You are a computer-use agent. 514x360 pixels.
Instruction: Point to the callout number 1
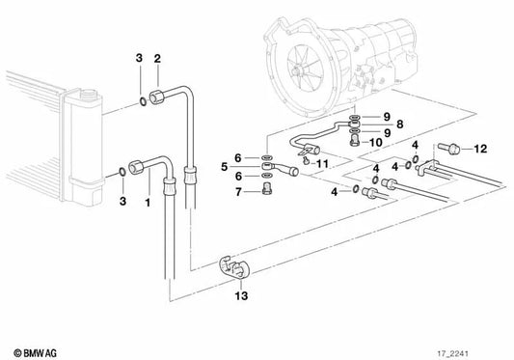(147, 204)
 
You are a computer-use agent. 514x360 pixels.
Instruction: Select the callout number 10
(376, 142)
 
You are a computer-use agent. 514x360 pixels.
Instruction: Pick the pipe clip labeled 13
(235, 268)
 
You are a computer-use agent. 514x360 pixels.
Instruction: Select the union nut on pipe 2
(175, 95)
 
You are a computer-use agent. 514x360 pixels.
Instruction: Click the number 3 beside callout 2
(140, 59)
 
